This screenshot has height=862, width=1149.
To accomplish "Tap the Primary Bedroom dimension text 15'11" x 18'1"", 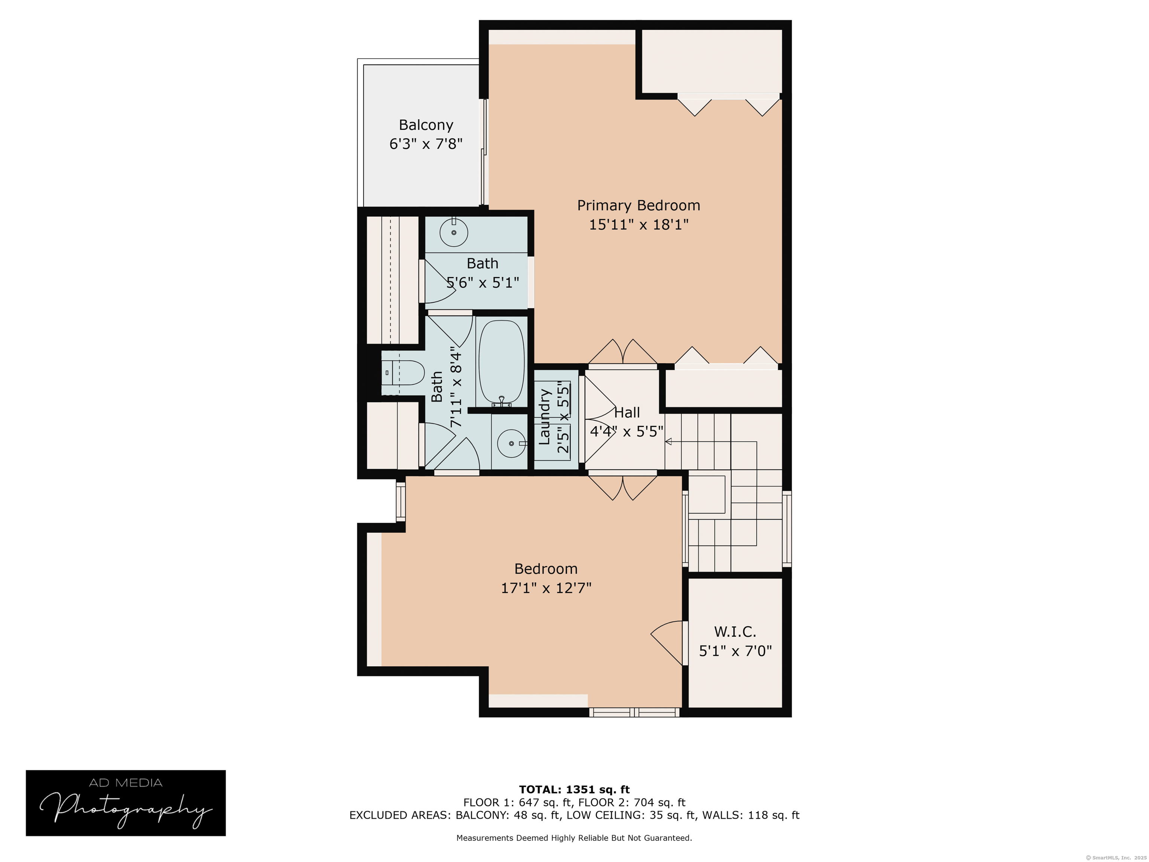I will [x=638, y=224].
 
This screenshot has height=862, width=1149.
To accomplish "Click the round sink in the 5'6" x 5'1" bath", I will [x=453, y=232].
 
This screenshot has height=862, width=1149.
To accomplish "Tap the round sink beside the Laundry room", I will [x=511, y=443].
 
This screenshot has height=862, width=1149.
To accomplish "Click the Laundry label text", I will [x=544, y=417].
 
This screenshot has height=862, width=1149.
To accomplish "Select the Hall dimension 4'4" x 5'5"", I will [x=626, y=431].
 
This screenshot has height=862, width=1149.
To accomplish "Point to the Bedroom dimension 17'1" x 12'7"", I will [x=546, y=588].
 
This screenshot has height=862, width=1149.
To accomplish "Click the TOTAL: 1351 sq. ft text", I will [x=574, y=790].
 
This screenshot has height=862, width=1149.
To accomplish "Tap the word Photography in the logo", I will [x=126, y=810].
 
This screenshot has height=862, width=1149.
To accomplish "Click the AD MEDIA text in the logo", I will [x=126, y=783].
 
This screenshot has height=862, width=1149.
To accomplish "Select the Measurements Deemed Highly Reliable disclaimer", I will [x=574, y=838].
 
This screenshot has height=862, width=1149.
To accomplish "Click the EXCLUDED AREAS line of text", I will [x=574, y=815].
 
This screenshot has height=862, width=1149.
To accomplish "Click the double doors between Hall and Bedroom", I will [x=622, y=486].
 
